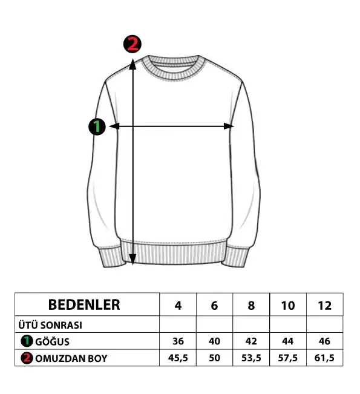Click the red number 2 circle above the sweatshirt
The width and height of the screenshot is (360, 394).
click(x=133, y=44)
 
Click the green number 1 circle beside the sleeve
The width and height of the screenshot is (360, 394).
click(x=97, y=126)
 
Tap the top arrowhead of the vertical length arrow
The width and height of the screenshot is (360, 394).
click(x=133, y=64)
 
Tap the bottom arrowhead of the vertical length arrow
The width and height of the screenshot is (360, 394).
click(x=133, y=259)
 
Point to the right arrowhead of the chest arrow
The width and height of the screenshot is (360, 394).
click(x=228, y=126)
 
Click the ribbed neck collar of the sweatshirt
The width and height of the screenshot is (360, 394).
click(x=173, y=67)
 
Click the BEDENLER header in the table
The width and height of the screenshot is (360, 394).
click(x=84, y=305)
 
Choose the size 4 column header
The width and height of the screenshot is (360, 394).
click(x=178, y=306)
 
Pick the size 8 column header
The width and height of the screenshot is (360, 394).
click(x=251, y=306)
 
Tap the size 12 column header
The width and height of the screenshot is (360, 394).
click(x=324, y=306)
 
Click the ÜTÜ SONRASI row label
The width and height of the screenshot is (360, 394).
click(x=50, y=325)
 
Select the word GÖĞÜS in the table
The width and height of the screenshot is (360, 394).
click(x=52, y=342)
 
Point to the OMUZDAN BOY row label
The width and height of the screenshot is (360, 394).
click(x=71, y=358)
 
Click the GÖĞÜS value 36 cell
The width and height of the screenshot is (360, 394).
click(x=178, y=341)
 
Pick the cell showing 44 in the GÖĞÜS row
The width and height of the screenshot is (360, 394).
click(x=288, y=341)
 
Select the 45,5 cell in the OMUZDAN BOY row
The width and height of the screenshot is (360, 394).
click(x=178, y=358)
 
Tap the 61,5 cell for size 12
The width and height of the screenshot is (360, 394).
click(x=324, y=358)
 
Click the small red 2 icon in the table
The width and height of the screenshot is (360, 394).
click(x=27, y=358)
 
